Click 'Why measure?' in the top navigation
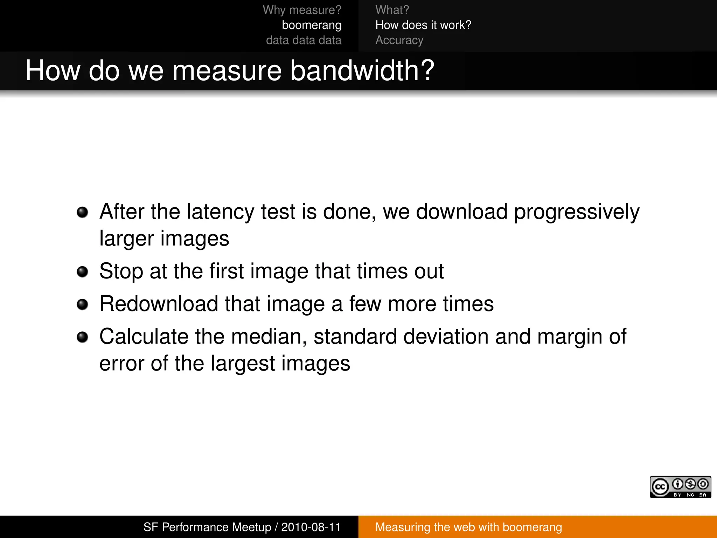302,10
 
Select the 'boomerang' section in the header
311,25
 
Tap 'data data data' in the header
303,40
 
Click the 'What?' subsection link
392,10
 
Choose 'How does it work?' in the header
423,25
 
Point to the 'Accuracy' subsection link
399,40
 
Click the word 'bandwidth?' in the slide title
362,70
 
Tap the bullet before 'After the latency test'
82,212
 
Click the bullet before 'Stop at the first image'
82,271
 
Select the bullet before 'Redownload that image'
82,304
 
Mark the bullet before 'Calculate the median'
82,337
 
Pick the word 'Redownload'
159,304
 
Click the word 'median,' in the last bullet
269,337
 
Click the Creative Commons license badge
680,487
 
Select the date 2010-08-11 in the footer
311,527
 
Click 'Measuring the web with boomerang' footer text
468,527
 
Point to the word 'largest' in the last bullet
243,364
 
